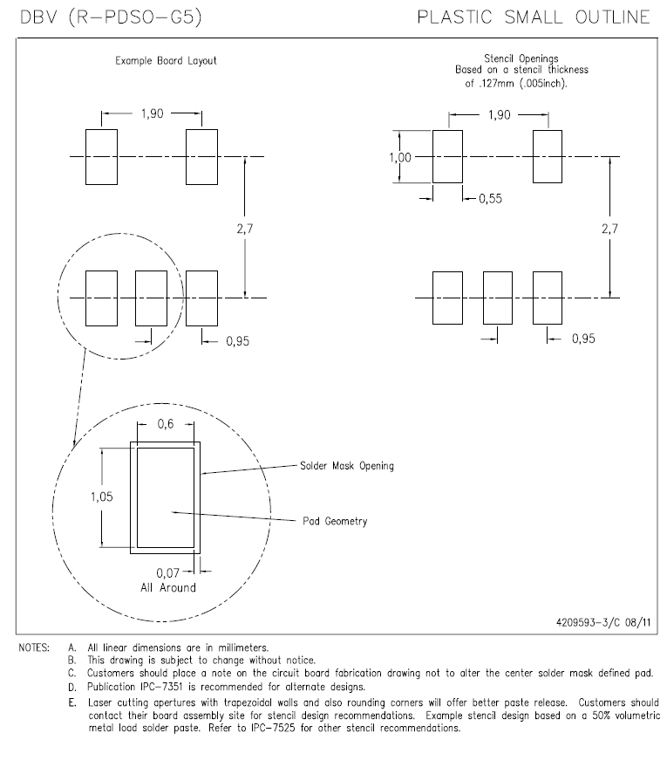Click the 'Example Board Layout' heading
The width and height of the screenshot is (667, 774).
pyautogui.click(x=166, y=61)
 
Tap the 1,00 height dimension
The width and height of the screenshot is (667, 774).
pyautogui.click(x=402, y=157)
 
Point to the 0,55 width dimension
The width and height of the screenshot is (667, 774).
pyautogui.click(x=490, y=199)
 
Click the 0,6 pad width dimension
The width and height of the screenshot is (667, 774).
pyautogui.click(x=166, y=425)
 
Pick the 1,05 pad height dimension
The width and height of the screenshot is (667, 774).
pyautogui.click(x=101, y=496)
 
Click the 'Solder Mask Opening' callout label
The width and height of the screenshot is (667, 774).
pyautogui.click(x=346, y=466)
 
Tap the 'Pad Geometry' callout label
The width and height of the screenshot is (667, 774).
pyautogui.click(x=335, y=521)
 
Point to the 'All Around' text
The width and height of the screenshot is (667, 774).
pyautogui.click(x=167, y=587)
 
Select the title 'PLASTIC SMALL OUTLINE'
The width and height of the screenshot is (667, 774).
pyautogui.click(x=534, y=17)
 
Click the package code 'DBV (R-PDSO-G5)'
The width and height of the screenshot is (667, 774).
pyautogui.click(x=111, y=17)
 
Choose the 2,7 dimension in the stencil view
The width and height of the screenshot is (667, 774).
pyautogui.click(x=609, y=228)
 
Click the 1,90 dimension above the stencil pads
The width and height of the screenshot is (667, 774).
pyautogui.click(x=499, y=115)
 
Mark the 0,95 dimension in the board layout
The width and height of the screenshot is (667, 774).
pyautogui.click(x=237, y=341)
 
